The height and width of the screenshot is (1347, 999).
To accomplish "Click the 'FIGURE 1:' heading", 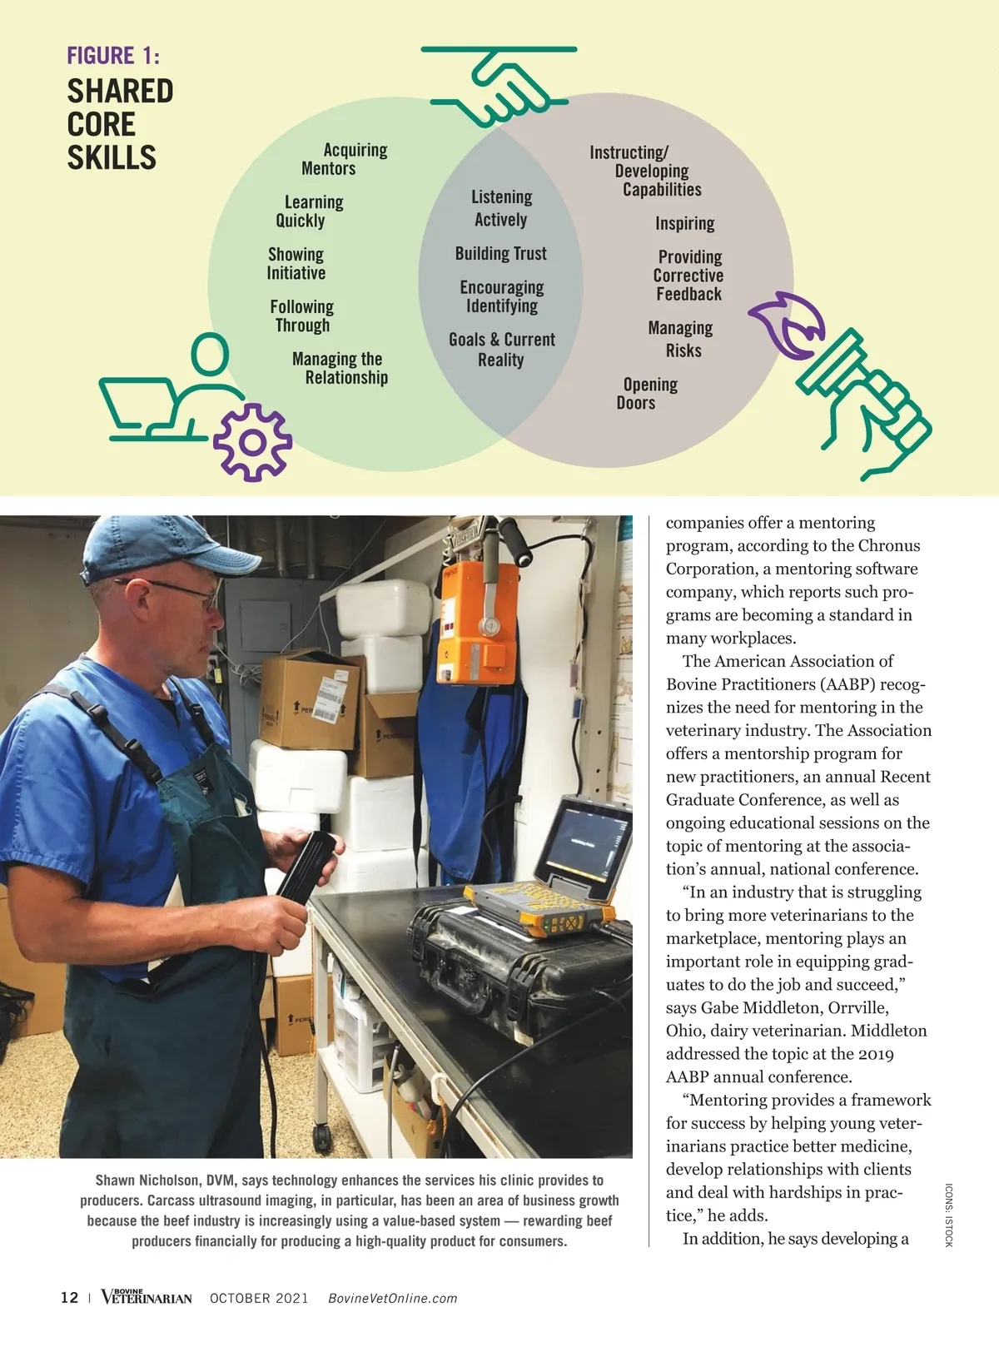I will [x=113, y=56].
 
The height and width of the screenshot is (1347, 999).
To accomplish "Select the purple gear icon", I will [x=252, y=441].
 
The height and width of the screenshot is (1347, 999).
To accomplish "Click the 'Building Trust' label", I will [x=501, y=254].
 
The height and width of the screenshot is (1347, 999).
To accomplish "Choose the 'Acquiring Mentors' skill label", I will [x=344, y=159].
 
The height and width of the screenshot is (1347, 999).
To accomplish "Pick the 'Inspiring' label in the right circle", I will [x=684, y=224].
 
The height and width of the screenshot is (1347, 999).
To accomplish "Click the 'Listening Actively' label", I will [x=501, y=208].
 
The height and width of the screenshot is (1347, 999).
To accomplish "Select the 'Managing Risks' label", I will [x=681, y=339].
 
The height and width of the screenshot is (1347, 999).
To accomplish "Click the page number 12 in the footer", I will [x=69, y=1297].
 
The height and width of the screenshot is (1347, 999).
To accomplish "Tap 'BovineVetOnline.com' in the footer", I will [x=392, y=1298].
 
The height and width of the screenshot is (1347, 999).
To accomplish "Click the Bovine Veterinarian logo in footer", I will [x=147, y=1297].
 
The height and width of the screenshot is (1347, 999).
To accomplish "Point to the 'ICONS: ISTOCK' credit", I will [x=948, y=1215].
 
